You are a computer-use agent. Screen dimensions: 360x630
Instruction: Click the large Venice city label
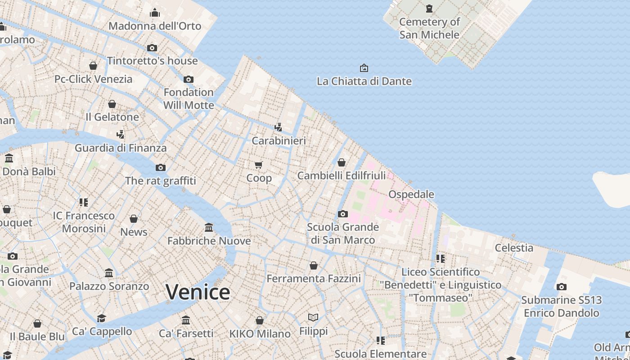click(x=198, y=292)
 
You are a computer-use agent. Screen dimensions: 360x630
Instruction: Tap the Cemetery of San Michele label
click(x=429, y=28)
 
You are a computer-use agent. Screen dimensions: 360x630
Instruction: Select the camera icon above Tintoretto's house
click(x=152, y=48)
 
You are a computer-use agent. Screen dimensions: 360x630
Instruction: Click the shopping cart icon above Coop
click(x=258, y=165)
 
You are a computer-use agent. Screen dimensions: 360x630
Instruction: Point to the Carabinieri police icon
click(x=279, y=127)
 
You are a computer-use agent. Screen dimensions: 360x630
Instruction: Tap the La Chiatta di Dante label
click(x=364, y=81)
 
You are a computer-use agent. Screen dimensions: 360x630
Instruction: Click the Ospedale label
click(x=411, y=194)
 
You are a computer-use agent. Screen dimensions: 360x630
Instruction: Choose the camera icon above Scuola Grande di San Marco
click(x=343, y=214)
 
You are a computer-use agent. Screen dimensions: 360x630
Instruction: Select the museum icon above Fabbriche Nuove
click(x=209, y=227)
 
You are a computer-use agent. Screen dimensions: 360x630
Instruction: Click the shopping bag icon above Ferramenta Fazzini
click(x=314, y=265)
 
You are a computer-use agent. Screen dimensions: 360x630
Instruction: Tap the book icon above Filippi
click(x=313, y=318)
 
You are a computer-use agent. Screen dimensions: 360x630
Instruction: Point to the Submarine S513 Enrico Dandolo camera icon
click(x=561, y=287)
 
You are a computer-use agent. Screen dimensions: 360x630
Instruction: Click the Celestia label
click(x=514, y=247)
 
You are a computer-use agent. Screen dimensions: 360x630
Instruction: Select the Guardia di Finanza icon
click(x=120, y=134)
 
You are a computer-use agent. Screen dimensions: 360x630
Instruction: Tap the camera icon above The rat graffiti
click(x=161, y=167)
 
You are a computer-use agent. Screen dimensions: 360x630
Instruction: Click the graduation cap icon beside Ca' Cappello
click(x=102, y=318)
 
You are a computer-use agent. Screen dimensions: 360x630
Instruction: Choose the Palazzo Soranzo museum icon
click(x=109, y=273)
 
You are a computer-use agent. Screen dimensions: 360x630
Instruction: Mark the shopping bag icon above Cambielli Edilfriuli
click(x=342, y=162)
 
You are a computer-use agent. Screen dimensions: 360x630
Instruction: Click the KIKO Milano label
click(x=260, y=334)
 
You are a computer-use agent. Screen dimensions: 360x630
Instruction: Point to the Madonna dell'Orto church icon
click(x=155, y=13)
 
